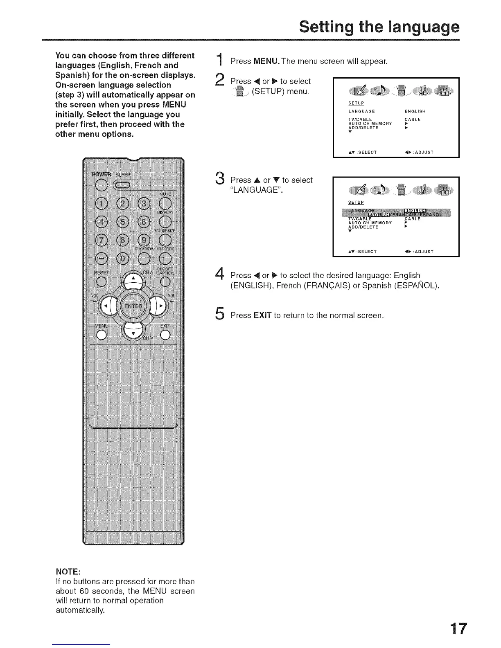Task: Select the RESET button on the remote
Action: click(x=101, y=281)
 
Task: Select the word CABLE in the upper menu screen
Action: click(x=413, y=119)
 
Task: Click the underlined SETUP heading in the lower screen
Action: click(x=356, y=202)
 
